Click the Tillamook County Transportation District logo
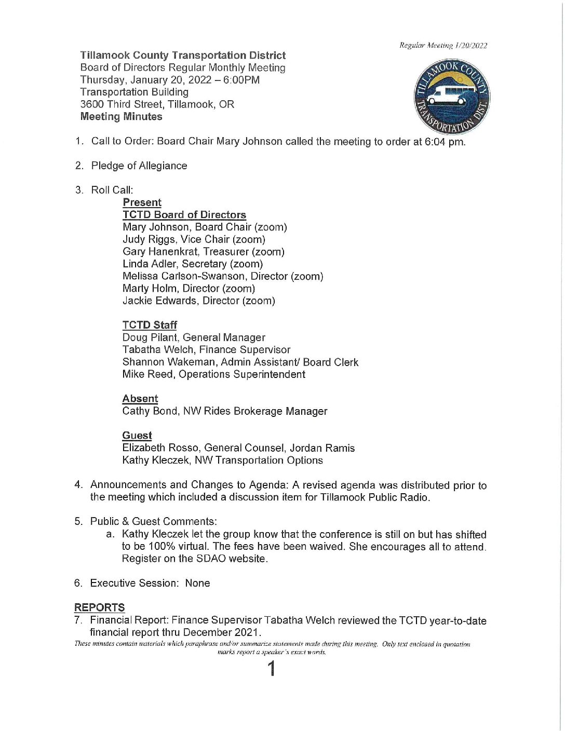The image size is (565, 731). click(452, 97)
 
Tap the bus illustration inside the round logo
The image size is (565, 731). click(448, 96)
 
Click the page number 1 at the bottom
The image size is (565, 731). click(271, 669)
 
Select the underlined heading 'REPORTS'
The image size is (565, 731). click(100, 607)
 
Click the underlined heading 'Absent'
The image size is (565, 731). click(140, 399)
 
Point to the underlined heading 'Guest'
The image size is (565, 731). click(137, 436)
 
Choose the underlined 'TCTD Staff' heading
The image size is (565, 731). click(150, 325)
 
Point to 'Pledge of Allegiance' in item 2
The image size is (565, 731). click(139, 166)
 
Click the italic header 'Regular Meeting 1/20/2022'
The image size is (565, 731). click(443, 46)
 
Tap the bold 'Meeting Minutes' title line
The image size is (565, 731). click(122, 117)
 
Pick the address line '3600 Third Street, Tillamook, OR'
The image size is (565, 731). click(157, 104)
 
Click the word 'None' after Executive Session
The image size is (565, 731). click(197, 583)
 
